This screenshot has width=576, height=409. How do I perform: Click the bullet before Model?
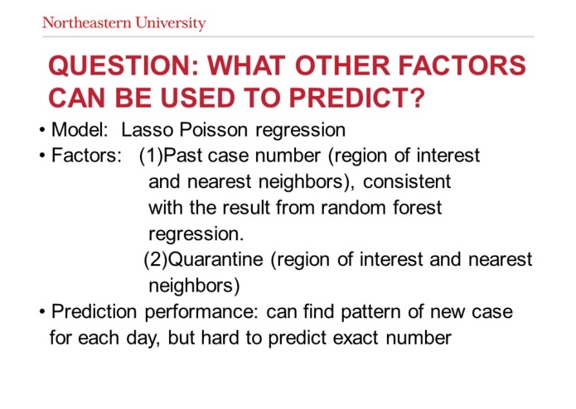pos(41,131)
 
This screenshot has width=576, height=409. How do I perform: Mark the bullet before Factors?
pos(41,156)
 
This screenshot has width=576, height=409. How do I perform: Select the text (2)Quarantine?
pos(203,260)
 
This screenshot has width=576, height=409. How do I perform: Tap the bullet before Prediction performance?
pos(41,312)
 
